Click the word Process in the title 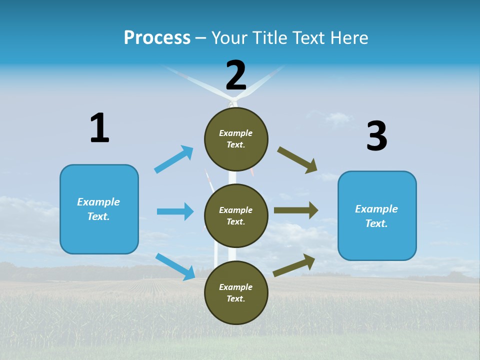pos(157,38)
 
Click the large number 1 pos(100,127)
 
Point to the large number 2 pos(236,75)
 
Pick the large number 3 pos(377,135)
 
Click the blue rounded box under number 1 pos(99,209)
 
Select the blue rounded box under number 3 pos(377,216)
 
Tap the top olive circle pos(236,139)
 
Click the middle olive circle pos(236,216)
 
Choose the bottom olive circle pos(236,292)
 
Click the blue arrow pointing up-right pos(174,159)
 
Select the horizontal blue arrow pos(175,211)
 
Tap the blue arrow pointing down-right pos(175,267)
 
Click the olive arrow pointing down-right pos(297,160)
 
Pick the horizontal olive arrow pos(296,210)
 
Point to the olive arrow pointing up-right pos(294,265)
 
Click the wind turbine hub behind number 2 pos(233,100)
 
